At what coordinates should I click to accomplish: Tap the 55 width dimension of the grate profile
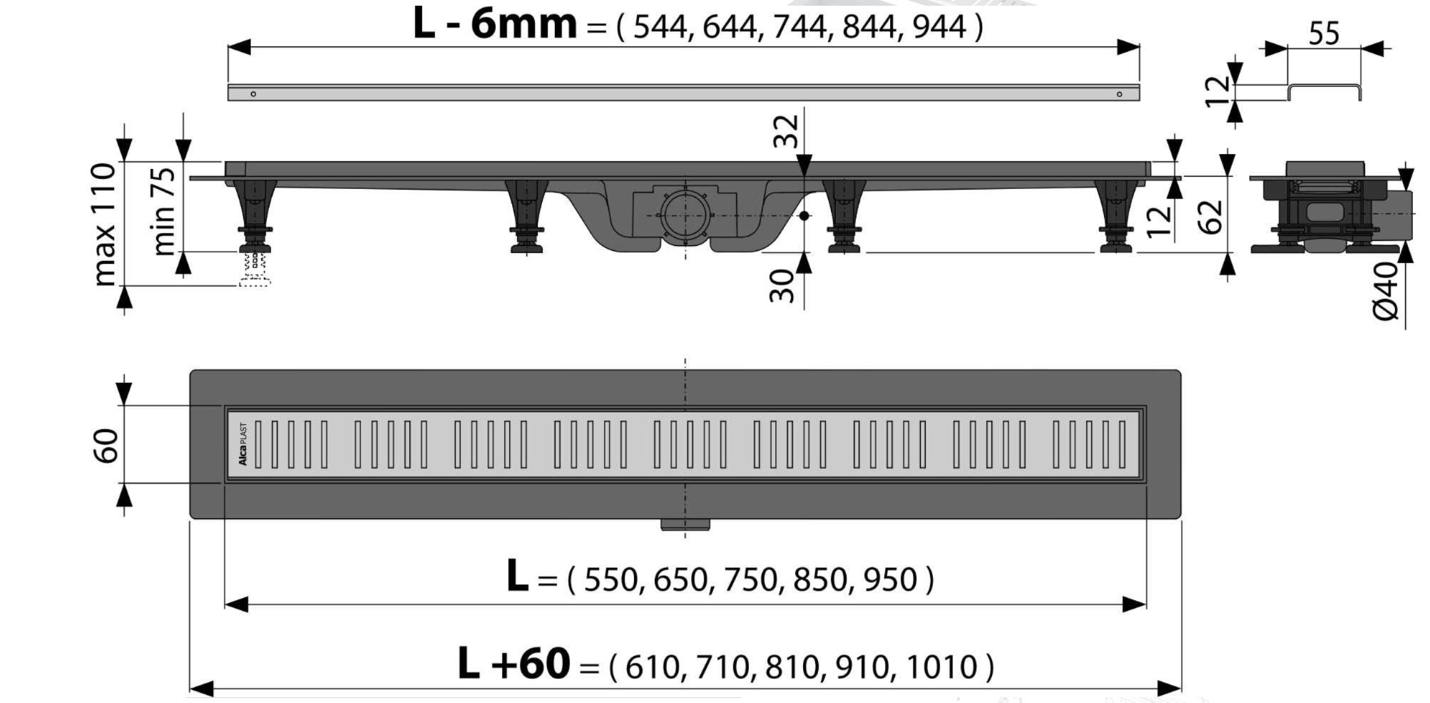click(1324, 34)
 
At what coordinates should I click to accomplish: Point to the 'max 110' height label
click(104, 224)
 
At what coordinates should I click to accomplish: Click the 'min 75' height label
click(163, 211)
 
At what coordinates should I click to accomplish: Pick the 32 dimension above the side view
click(787, 131)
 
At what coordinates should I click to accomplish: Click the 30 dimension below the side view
click(782, 285)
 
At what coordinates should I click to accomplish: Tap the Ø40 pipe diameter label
click(1386, 291)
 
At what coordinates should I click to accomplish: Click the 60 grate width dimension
click(106, 446)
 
